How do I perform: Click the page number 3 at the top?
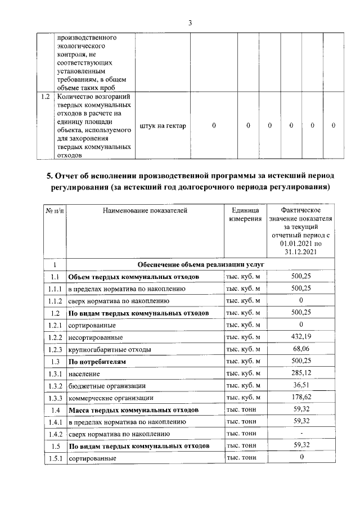click(x=190, y=23)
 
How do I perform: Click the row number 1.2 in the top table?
click(x=46, y=96)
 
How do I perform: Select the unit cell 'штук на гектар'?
click(x=163, y=125)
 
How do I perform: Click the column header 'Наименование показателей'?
click(x=145, y=210)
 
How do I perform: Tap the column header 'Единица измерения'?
click(x=245, y=214)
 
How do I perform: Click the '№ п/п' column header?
click(x=55, y=210)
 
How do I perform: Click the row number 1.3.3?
click(x=55, y=398)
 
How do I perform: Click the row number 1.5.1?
click(x=55, y=458)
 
